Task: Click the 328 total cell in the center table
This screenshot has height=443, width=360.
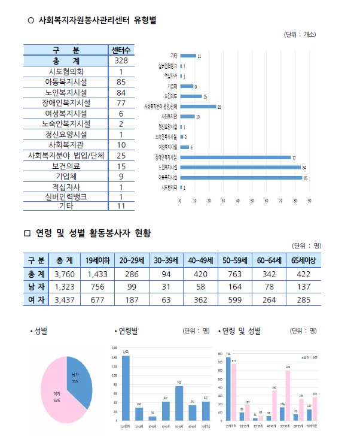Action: (121, 61)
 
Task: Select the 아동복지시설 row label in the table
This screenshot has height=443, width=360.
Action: (66, 82)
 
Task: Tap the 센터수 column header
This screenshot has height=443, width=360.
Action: (121, 50)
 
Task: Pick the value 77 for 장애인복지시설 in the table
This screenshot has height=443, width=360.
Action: (121, 103)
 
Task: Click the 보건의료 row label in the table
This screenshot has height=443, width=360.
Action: (66, 166)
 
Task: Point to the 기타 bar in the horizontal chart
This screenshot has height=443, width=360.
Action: (188, 56)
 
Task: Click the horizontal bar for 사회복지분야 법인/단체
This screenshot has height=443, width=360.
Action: (198, 107)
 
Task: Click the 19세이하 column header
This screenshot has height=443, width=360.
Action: (96, 260)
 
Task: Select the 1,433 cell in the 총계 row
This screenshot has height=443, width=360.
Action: (96, 274)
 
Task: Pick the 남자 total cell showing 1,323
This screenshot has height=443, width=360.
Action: (65, 287)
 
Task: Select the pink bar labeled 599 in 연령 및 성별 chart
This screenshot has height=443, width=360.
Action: (288, 395)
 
